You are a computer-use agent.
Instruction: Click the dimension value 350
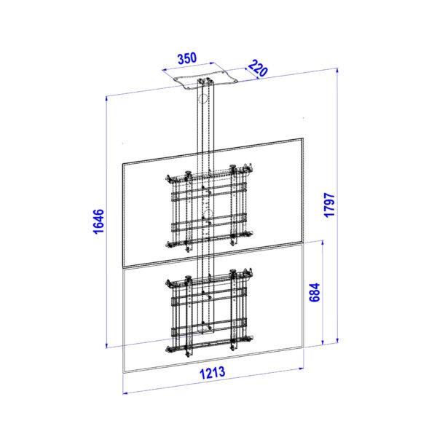187,58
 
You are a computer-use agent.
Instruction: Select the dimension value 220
258,68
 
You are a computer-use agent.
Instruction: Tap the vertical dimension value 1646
98,221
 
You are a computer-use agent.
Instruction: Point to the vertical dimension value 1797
329,205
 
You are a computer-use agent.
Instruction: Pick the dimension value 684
315,292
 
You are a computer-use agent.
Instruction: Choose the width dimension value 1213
213,373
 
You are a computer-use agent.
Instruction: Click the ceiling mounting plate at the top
205,81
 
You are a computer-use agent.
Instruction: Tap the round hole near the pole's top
204,98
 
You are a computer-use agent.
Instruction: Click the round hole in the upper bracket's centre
208,214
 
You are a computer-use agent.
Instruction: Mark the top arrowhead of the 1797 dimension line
337,71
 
